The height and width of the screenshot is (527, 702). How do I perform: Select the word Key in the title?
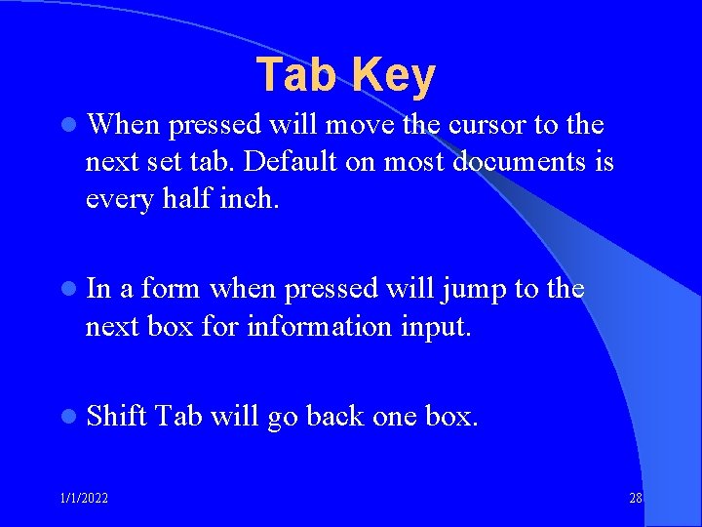pos(393,75)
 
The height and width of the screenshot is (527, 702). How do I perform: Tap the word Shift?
pos(116,417)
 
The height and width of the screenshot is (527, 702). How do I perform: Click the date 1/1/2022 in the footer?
pos(85,499)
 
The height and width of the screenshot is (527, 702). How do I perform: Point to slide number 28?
pos(635,499)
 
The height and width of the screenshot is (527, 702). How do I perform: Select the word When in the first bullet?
pos(122,126)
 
